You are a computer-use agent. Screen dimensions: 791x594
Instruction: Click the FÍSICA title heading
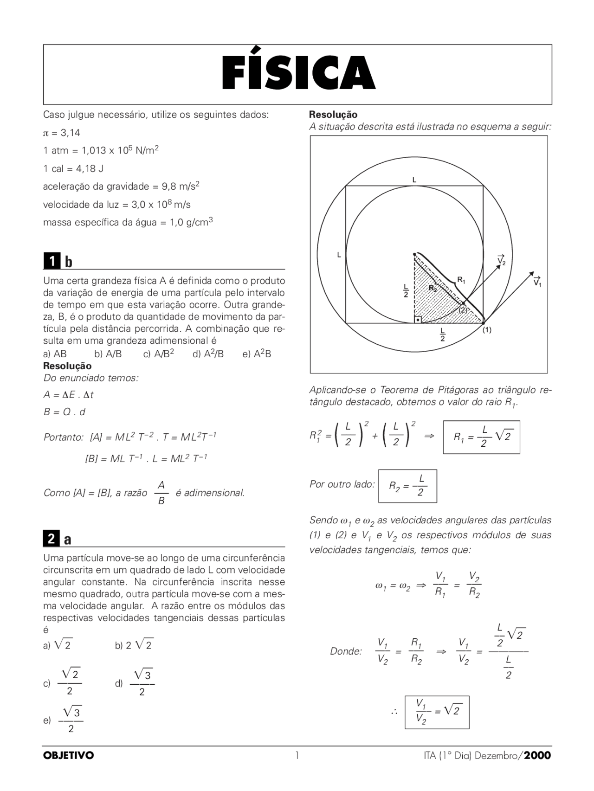point(297,73)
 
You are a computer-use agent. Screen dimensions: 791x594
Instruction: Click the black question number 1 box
point(52,262)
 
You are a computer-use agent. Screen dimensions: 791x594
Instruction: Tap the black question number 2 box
point(52,539)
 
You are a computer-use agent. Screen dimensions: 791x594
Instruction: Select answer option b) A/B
point(108,354)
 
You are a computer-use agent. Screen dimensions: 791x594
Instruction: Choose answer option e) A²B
point(257,354)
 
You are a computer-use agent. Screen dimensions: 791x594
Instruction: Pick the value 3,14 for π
point(70,133)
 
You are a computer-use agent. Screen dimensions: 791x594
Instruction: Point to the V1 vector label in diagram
point(537,281)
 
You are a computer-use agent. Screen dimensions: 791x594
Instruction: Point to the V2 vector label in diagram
point(501,260)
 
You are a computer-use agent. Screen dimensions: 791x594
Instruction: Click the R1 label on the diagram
point(461,280)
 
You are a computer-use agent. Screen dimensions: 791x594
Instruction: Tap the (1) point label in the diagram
point(486,330)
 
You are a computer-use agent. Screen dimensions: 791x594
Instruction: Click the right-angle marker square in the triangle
point(418,320)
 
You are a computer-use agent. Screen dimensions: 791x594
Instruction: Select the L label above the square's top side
point(414,180)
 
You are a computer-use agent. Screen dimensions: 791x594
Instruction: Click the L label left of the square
point(339,255)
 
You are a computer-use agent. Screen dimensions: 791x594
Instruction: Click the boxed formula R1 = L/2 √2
point(481,437)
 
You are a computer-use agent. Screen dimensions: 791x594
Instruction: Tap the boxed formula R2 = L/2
point(407,486)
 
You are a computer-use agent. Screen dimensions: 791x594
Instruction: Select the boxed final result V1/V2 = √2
point(437,712)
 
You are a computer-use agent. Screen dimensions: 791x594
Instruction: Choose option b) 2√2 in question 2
point(135,645)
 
